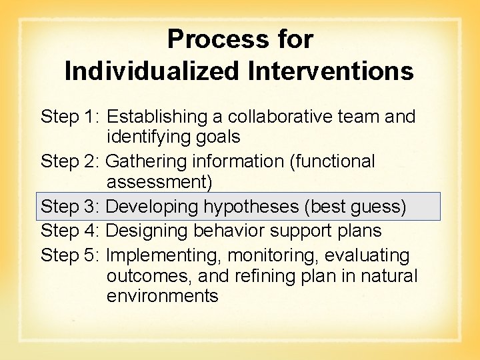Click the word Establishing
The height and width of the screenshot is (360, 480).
tap(157, 117)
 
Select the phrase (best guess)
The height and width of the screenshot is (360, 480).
tap(355, 207)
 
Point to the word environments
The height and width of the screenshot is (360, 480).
tap(162, 296)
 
